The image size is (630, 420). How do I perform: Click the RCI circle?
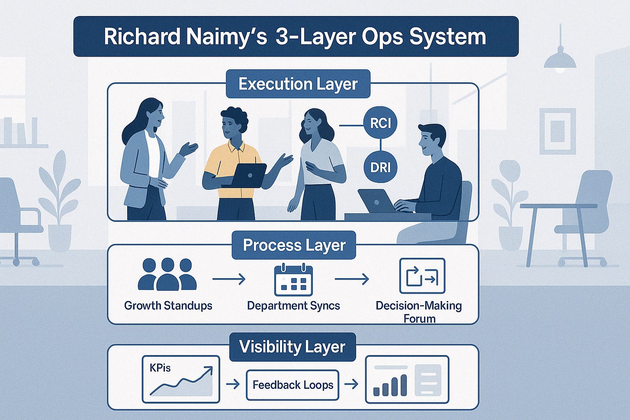click(x=380, y=123)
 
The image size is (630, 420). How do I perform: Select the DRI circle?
click(x=380, y=167)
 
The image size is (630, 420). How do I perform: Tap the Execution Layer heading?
click(x=298, y=84)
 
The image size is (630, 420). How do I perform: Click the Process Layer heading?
click(x=294, y=245)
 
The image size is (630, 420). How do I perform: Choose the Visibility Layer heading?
click(x=292, y=347)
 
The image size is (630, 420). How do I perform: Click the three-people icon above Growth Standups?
click(x=167, y=274)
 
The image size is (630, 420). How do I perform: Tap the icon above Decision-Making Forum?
click(x=422, y=276)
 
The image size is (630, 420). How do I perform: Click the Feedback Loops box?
click(x=292, y=385)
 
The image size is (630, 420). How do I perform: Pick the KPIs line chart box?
click(x=181, y=379)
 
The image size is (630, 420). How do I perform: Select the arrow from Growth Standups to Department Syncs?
click(x=229, y=279)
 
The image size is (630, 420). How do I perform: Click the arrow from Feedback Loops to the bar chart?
click(x=351, y=384)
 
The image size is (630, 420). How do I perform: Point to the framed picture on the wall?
click(x=557, y=131)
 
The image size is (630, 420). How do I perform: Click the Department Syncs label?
click(x=293, y=306)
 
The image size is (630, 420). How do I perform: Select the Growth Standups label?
click(x=168, y=306)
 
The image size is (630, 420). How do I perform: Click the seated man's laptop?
click(x=376, y=201)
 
